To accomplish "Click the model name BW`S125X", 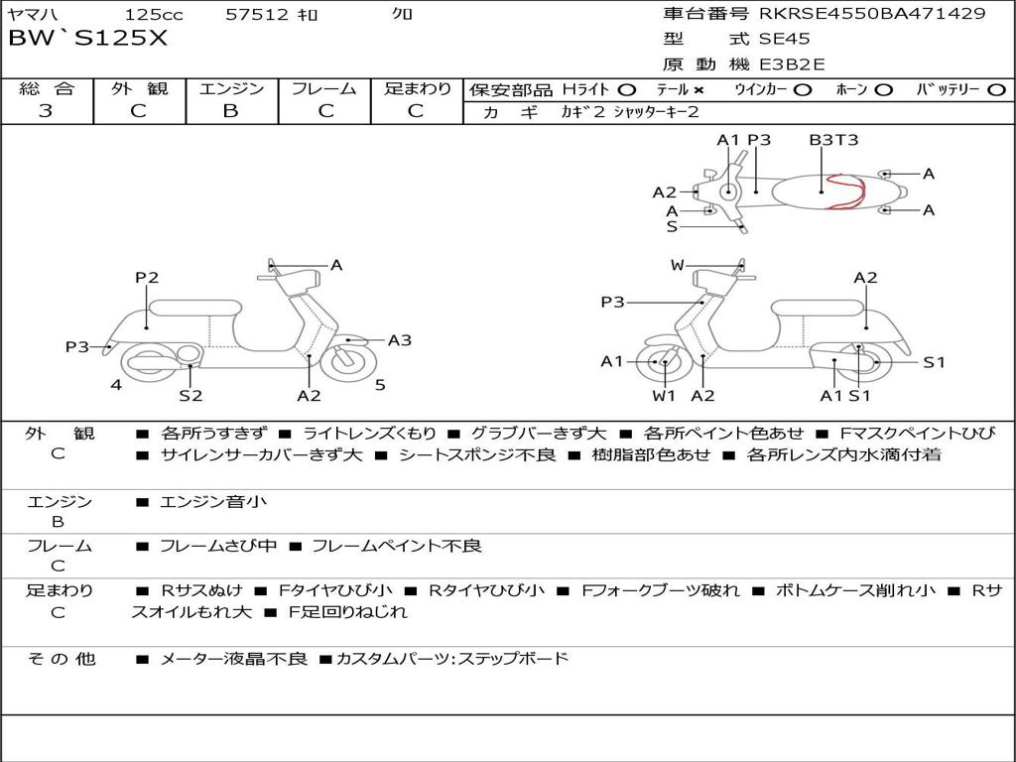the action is point(87,39).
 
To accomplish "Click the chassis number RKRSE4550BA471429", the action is point(872,13).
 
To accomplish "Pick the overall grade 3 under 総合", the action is point(46,111).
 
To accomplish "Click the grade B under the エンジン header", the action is point(230,111).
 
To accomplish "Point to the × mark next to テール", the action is point(698,90).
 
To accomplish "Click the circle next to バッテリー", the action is point(996,90).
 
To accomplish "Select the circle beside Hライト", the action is point(627,90).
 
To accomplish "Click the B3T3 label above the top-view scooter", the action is point(833,140).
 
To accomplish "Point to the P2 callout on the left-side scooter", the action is point(147,278).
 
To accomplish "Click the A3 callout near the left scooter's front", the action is point(400,340).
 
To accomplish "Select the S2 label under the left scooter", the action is point(190,395).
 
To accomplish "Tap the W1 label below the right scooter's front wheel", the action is point(664,395).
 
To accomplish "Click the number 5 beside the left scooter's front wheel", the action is point(380,385).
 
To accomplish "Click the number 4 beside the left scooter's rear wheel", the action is point(116,385).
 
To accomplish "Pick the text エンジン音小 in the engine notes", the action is point(213,501).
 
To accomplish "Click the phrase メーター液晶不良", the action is point(234,659).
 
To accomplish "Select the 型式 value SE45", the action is point(784,39).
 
